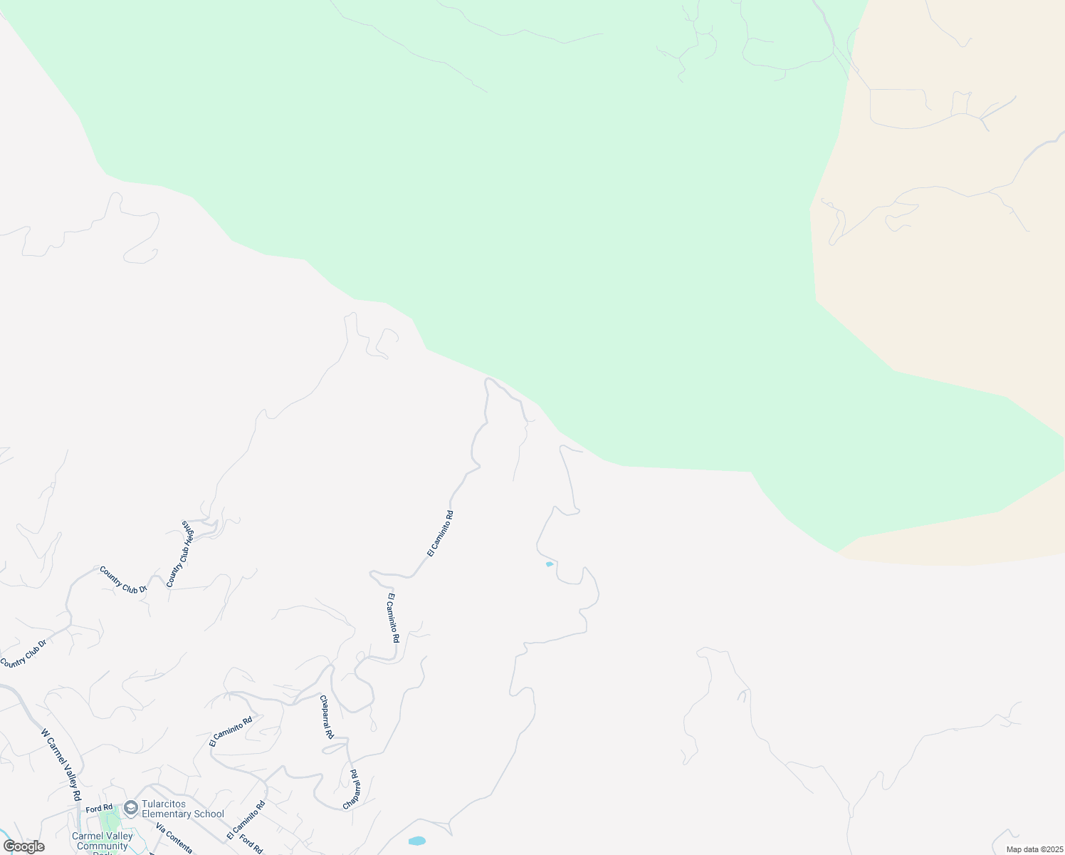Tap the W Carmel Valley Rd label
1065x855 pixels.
click(61, 764)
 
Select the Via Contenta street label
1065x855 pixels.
click(174, 839)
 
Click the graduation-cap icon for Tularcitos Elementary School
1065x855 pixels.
click(130, 807)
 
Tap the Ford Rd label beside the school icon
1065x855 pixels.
click(100, 808)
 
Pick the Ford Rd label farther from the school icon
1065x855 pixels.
click(251, 843)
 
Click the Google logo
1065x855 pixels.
click(23, 846)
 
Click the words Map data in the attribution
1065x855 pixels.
click(1023, 849)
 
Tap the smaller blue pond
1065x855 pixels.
click(549, 564)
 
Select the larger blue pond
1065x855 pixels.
click(417, 841)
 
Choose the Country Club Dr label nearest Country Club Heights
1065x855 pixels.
click(123, 580)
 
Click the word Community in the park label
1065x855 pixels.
click(103, 846)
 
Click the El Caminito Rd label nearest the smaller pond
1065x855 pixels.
click(440, 534)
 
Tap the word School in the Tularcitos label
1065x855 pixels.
click(209, 814)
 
